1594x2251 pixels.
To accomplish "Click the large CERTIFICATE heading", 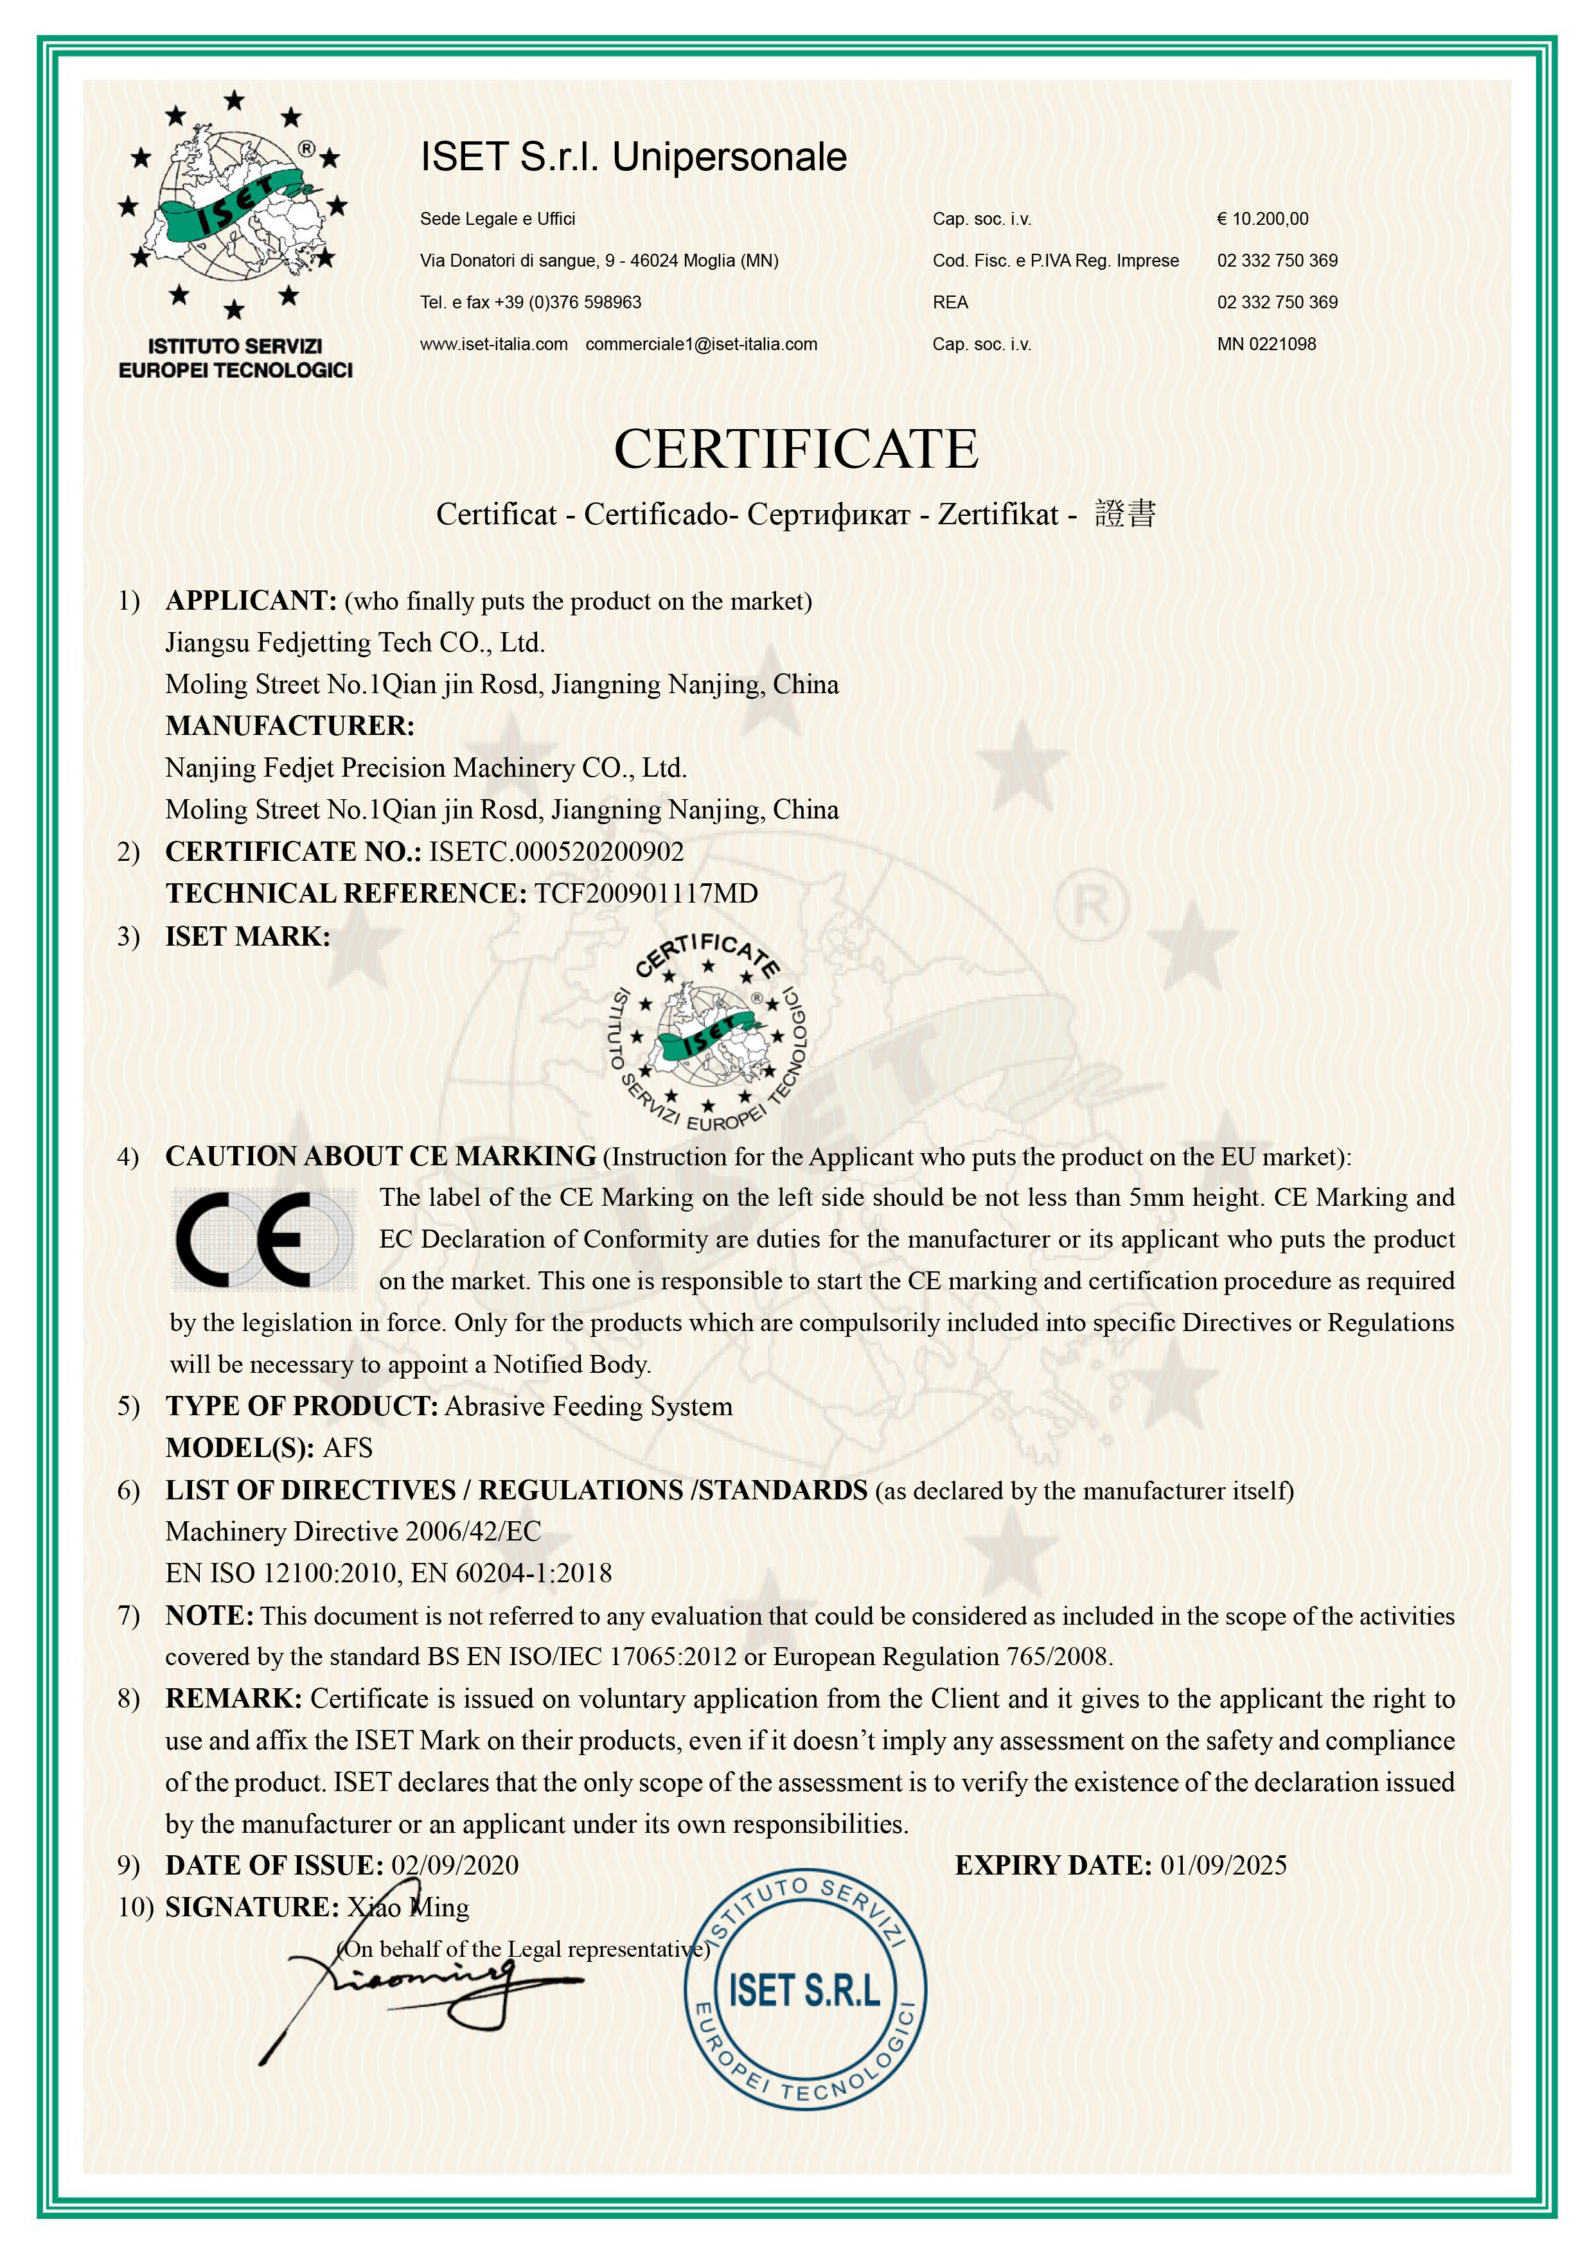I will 796,450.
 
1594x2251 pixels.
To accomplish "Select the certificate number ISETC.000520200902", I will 556,852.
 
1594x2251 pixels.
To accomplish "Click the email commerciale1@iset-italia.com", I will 701,344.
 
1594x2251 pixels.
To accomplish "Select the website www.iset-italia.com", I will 493,344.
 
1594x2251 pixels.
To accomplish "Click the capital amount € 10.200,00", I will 1262,219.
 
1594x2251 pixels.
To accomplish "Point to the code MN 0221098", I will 1266,344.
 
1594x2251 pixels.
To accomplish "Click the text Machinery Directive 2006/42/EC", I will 353,1532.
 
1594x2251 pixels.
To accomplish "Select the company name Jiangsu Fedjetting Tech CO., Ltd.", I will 355,642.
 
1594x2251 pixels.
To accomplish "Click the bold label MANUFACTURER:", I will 290,726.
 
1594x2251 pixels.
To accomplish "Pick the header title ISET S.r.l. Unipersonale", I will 633,157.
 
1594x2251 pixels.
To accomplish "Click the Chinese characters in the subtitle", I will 1125,514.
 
